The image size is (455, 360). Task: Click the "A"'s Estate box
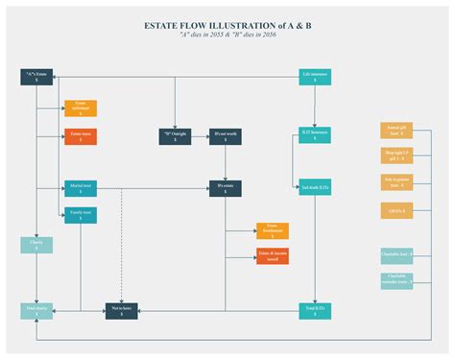[x=36, y=77]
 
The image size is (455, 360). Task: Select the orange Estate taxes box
[x=81, y=137]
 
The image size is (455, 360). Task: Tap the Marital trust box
[x=81, y=187]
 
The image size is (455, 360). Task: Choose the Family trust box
[x=81, y=215]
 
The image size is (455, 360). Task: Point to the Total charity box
[x=36, y=310]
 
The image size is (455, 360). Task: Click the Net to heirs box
[x=122, y=310]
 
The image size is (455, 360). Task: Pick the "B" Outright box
[x=175, y=136]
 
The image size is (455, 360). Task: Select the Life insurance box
[x=315, y=77]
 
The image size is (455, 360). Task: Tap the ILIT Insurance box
[x=315, y=135]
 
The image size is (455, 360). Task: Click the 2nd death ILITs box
[x=315, y=187]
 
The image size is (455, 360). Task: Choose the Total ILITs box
[x=315, y=310]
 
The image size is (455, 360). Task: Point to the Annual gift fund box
[x=396, y=131]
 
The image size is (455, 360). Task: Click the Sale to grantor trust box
[x=396, y=182]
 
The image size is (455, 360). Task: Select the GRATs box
[x=396, y=210]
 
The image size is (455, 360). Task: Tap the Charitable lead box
[x=396, y=255]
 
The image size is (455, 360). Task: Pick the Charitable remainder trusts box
[x=396, y=280]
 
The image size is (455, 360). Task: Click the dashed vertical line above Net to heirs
[x=122, y=250]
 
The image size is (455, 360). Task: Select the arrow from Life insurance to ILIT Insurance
[x=315, y=106]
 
